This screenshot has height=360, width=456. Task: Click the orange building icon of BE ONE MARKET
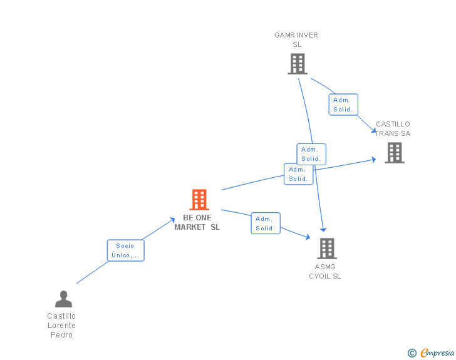point(199,200)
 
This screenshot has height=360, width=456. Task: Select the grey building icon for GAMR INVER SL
point(298,64)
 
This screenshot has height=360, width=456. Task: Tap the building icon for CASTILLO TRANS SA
point(395,153)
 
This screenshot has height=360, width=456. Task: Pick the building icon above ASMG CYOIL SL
point(326,249)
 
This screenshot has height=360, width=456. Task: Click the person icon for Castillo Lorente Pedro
point(63,299)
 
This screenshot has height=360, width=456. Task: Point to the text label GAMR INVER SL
point(296,39)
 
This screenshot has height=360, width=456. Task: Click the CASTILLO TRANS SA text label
point(393,128)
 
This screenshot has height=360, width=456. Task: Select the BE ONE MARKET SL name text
point(197,222)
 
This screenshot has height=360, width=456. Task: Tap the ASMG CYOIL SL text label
point(324,272)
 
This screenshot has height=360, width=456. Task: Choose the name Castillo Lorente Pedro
point(62,326)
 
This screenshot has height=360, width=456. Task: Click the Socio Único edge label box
point(125,250)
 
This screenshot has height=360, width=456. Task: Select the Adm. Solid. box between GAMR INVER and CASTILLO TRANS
point(343,105)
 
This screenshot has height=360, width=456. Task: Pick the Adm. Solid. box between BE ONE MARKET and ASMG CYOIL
point(265,224)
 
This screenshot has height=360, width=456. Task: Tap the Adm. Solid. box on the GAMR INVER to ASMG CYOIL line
point(311,154)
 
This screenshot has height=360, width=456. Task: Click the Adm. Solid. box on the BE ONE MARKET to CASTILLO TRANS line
point(298,174)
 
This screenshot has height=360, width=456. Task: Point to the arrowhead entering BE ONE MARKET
point(173,219)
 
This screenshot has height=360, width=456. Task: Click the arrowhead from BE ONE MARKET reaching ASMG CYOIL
point(308,237)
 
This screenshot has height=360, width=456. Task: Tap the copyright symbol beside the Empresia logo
point(412,353)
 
